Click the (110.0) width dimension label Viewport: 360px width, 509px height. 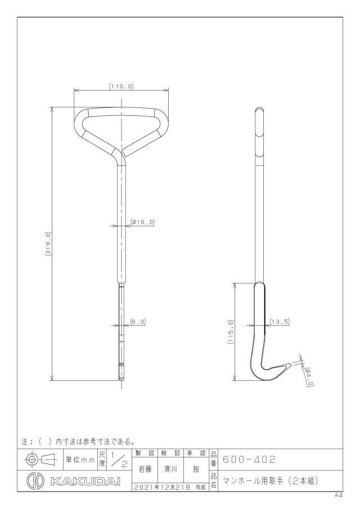coord(121,87)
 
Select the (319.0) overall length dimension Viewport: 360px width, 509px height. coord(48,244)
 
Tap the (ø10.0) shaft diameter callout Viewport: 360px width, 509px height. coord(142,222)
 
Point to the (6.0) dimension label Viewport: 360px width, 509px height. coord(138,322)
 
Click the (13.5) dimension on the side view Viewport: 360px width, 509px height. coord(280,322)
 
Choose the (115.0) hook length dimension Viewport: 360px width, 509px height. coord(231,331)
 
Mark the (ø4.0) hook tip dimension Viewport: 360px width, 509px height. coord(309,377)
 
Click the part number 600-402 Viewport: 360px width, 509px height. coord(249,460)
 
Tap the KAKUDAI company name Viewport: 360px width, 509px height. coord(85,481)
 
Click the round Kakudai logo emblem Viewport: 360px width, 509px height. coord(35,481)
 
